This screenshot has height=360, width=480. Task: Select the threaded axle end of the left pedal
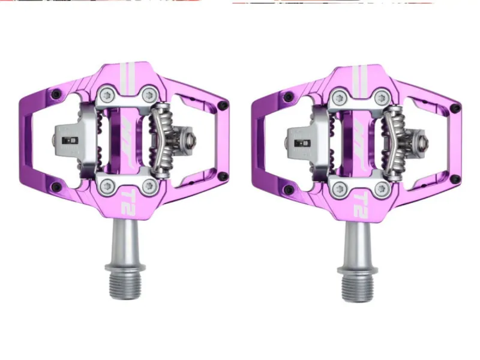pyautogui.click(x=125, y=284)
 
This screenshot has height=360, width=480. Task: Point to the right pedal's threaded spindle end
pyautogui.click(x=357, y=287)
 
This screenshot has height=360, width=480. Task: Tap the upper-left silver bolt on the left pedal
pyautogui.click(x=106, y=94)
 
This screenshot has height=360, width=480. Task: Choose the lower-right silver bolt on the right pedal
pyautogui.click(x=380, y=189)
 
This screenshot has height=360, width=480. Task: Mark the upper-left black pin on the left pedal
pyautogui.click(x=56, y=94)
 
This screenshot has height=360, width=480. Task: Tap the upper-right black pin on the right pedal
pyautogui.click(x=455, y=109)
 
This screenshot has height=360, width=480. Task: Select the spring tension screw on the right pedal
pyautogui.click(x=422, y=143)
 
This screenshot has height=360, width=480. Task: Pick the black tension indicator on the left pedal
pyautogui.click(x=70, y=140)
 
